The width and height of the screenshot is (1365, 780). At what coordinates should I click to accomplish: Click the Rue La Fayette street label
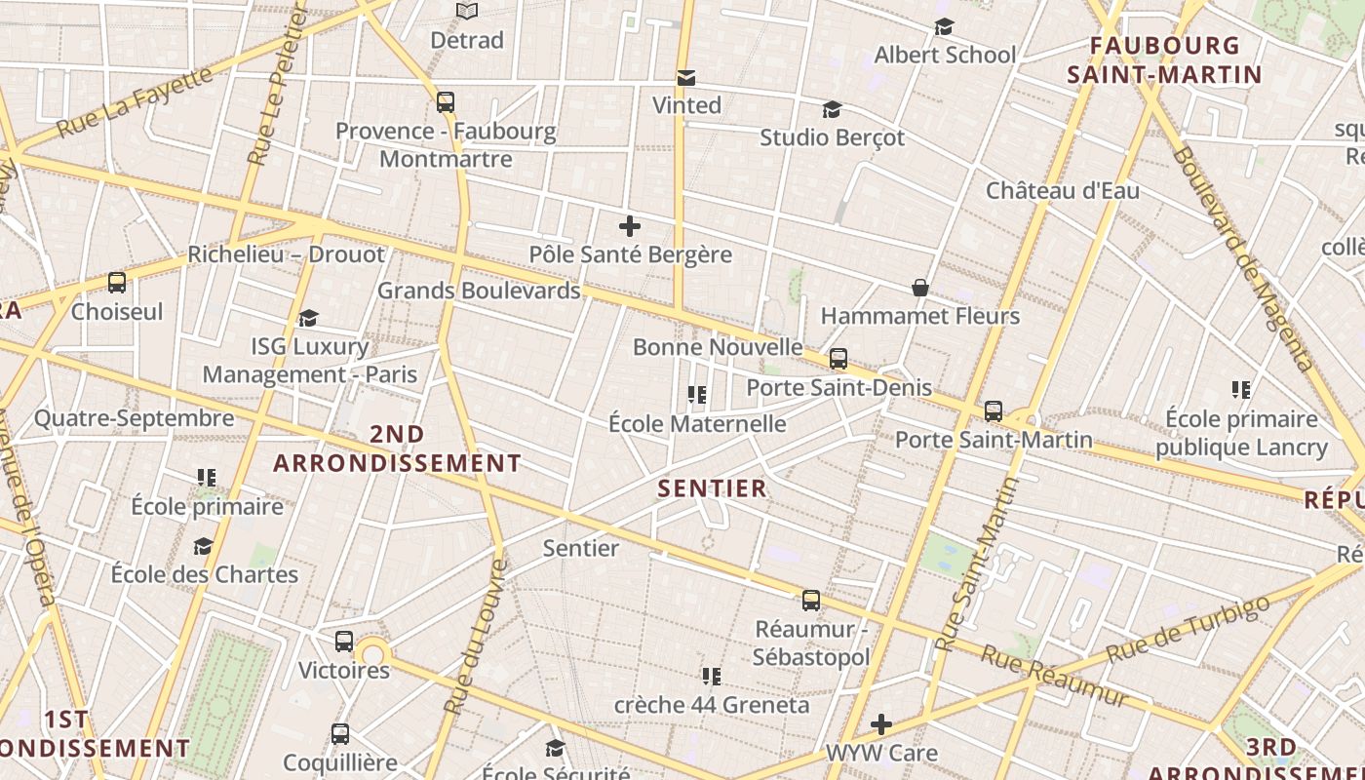(x=134, y=102)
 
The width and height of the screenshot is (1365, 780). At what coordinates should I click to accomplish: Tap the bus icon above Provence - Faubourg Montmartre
(x=446, y=101)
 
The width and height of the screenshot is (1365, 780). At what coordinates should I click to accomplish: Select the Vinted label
(x=686, y=105)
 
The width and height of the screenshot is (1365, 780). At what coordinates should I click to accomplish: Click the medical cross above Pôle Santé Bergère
(x=630, y=227)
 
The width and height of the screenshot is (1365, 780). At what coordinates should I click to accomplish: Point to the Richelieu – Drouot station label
(x=287, y=254)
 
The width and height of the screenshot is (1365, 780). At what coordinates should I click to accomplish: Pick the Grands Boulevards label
(x=479, y=291)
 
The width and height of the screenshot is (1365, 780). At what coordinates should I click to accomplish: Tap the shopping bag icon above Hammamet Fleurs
(x=919, y=288)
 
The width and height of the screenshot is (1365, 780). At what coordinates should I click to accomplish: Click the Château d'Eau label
(x=1062, y=190)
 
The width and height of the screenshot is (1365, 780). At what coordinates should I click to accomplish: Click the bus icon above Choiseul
(x=117, y=284)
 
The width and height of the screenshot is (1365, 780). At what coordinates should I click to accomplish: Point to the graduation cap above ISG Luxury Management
(x=309, y=318)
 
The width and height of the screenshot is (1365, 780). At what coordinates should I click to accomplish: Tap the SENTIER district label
(x=713, y=488)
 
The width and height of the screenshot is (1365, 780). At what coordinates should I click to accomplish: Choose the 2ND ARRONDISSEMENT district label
(x=398, y=448)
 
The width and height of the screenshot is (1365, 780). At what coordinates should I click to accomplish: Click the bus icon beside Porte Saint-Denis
(x=838, y=359)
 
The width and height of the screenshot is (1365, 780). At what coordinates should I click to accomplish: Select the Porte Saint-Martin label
(x=994, y=440)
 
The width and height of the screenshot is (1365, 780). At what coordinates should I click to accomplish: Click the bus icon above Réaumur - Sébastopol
(x=811, y=601)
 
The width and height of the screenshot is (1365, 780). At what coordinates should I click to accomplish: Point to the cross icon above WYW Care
(x=881, y=724)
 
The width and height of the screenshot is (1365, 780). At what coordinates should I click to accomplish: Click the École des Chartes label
(x=205, y=573)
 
